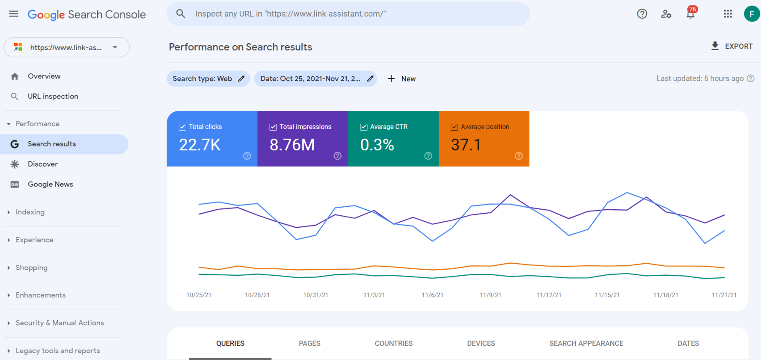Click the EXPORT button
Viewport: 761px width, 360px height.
point(732,46)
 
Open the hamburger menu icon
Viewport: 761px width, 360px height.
point(14,14)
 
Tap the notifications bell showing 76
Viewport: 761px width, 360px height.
point(690,14)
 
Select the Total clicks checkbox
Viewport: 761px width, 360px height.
point(183,127)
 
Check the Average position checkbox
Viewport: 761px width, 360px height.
point(455,127)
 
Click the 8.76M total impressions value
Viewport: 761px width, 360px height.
point(292,145)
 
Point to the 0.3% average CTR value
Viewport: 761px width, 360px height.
point(377,145)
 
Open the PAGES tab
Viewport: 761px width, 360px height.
point(309,343)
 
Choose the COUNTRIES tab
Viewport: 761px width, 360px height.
point(393,343)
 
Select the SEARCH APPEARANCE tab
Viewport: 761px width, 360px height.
point(586,343)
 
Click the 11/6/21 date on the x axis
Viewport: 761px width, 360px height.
point(432,295)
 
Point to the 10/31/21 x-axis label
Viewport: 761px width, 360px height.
point(315,295)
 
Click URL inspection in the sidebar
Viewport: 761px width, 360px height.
point(53,96)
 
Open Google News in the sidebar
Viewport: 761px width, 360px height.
point(50,184)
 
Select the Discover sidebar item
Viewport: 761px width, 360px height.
point(42,164)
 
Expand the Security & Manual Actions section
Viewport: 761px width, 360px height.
point(59,323)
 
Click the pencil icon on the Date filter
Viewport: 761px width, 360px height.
point(370,79)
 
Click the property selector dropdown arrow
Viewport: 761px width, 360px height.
point(115,47)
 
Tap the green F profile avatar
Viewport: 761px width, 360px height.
point(752,14)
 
